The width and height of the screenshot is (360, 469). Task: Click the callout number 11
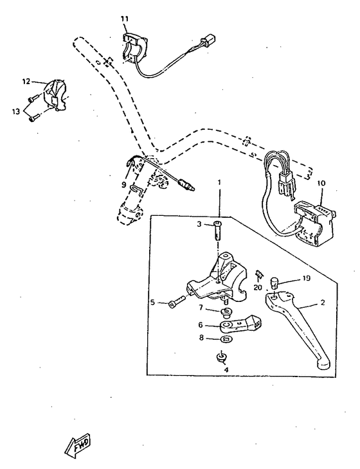point(124,19)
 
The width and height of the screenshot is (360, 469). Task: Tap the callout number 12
point(26,82)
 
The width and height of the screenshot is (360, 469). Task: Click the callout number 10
point(321,183)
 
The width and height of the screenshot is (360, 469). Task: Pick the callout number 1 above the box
point(219,182)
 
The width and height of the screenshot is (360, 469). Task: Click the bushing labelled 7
point(227,312)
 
